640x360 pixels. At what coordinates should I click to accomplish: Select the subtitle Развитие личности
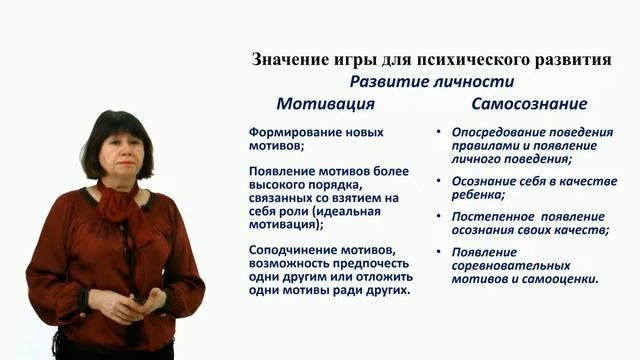coord(431,82)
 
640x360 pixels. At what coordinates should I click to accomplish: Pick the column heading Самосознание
coord(529,104)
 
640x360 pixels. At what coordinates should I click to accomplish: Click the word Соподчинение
coord(294,249)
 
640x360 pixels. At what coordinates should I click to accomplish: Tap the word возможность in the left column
coord(292,263)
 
